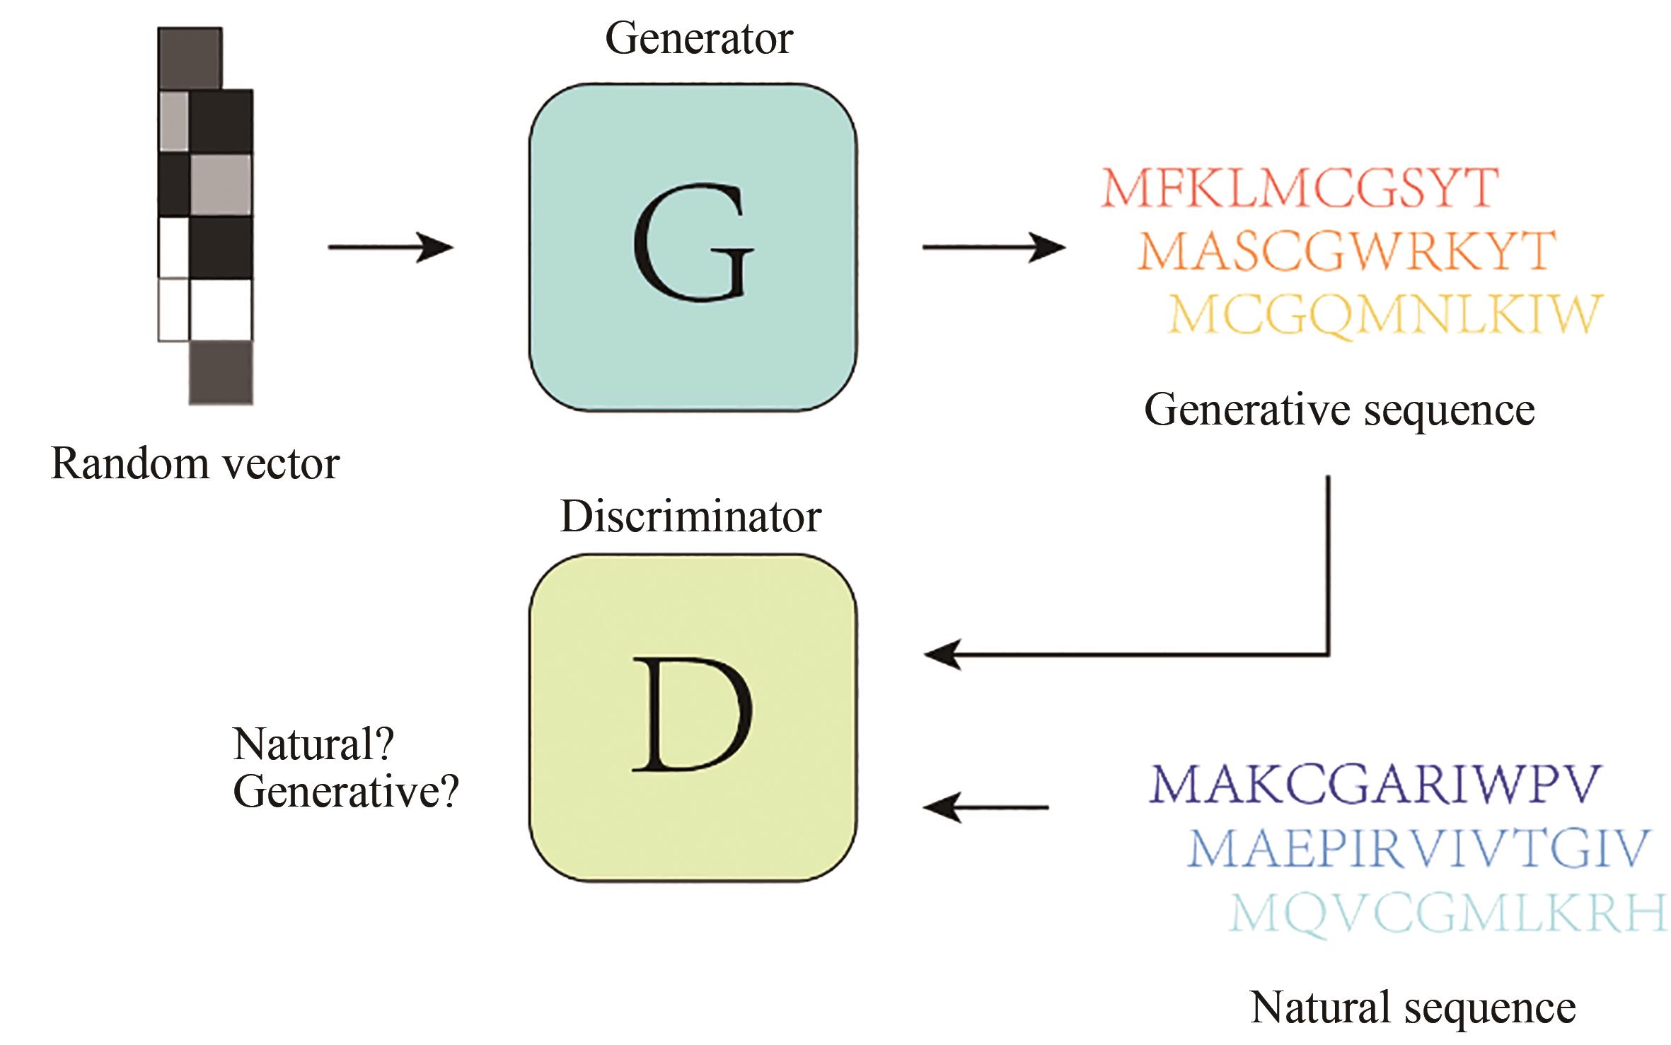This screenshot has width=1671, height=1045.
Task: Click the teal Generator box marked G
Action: pyautogui.click(x=693, y=247)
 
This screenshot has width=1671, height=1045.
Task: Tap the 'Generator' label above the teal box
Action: pyautogui.click(x=698, y=39)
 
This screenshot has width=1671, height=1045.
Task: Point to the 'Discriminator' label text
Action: pyautogui.click(x=690, y=517)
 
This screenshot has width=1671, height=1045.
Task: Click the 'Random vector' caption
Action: pyautogui.click(x=195, y=465)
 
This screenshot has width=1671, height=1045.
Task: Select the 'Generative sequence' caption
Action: pyautogui.click(x=1339, y=410)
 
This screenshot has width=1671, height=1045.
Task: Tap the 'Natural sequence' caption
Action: pyautogui.click(x=1413, y=1008)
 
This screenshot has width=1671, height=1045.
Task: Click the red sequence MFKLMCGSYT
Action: pyautogui.click(x=1299, y=187)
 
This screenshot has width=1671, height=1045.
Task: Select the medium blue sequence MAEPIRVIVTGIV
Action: pyautogui.click(x=1418, y=848)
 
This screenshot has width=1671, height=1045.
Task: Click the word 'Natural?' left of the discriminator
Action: pyautogui.click(x=313, y=744)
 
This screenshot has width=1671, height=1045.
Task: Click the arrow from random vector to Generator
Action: pyautogui.click(x=390, y=248)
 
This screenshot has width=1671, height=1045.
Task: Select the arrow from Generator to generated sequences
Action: pyautogui.click(x=993, y=248)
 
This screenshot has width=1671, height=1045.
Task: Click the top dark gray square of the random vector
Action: pyautogui.click(x=190, y=59)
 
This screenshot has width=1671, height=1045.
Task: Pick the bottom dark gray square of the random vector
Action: pyautogui.click(x=221, y=372)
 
